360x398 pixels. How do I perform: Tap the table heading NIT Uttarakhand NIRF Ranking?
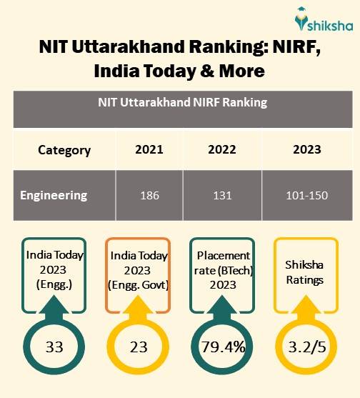point(182,103)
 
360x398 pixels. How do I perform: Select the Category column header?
point(64,150)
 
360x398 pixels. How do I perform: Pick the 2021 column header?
point(149,150)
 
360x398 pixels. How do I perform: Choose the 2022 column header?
point(221,150)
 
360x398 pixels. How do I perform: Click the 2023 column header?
point(306,150)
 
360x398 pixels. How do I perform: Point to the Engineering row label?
point(54,195)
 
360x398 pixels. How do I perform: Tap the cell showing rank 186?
point(149,195)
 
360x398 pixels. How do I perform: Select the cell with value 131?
point(221,195)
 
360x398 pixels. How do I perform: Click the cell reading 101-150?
point(306,195)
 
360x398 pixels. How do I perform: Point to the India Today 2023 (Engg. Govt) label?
point(139,269)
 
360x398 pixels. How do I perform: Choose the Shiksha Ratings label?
point(305,273)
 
